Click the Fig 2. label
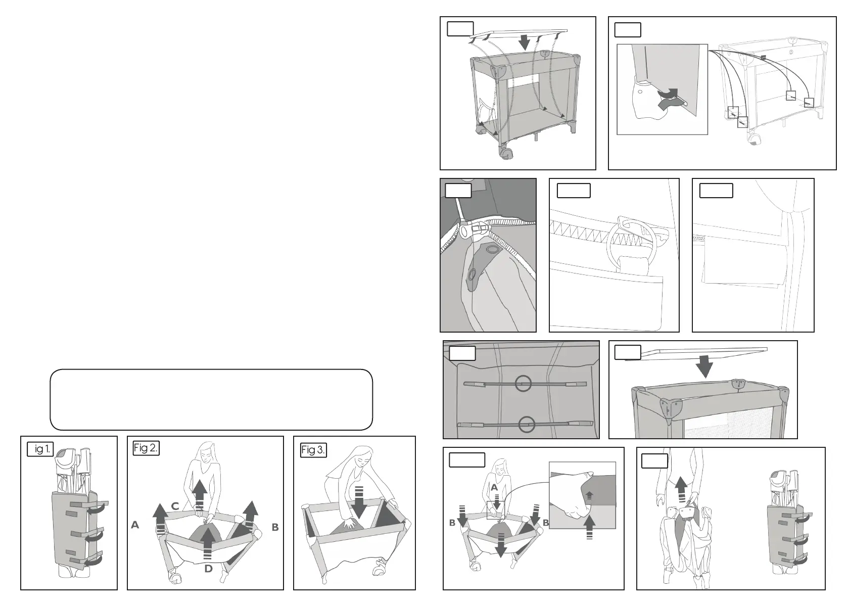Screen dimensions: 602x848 [146, 448]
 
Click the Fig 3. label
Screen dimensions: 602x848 [313, 450]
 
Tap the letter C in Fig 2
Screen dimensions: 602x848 [175, 506]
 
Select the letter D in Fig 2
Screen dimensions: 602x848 [208, 569]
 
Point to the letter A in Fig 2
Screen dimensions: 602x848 [135, 525]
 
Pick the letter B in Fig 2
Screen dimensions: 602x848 [275, 527]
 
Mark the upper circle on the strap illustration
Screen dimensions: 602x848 [524, 384]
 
